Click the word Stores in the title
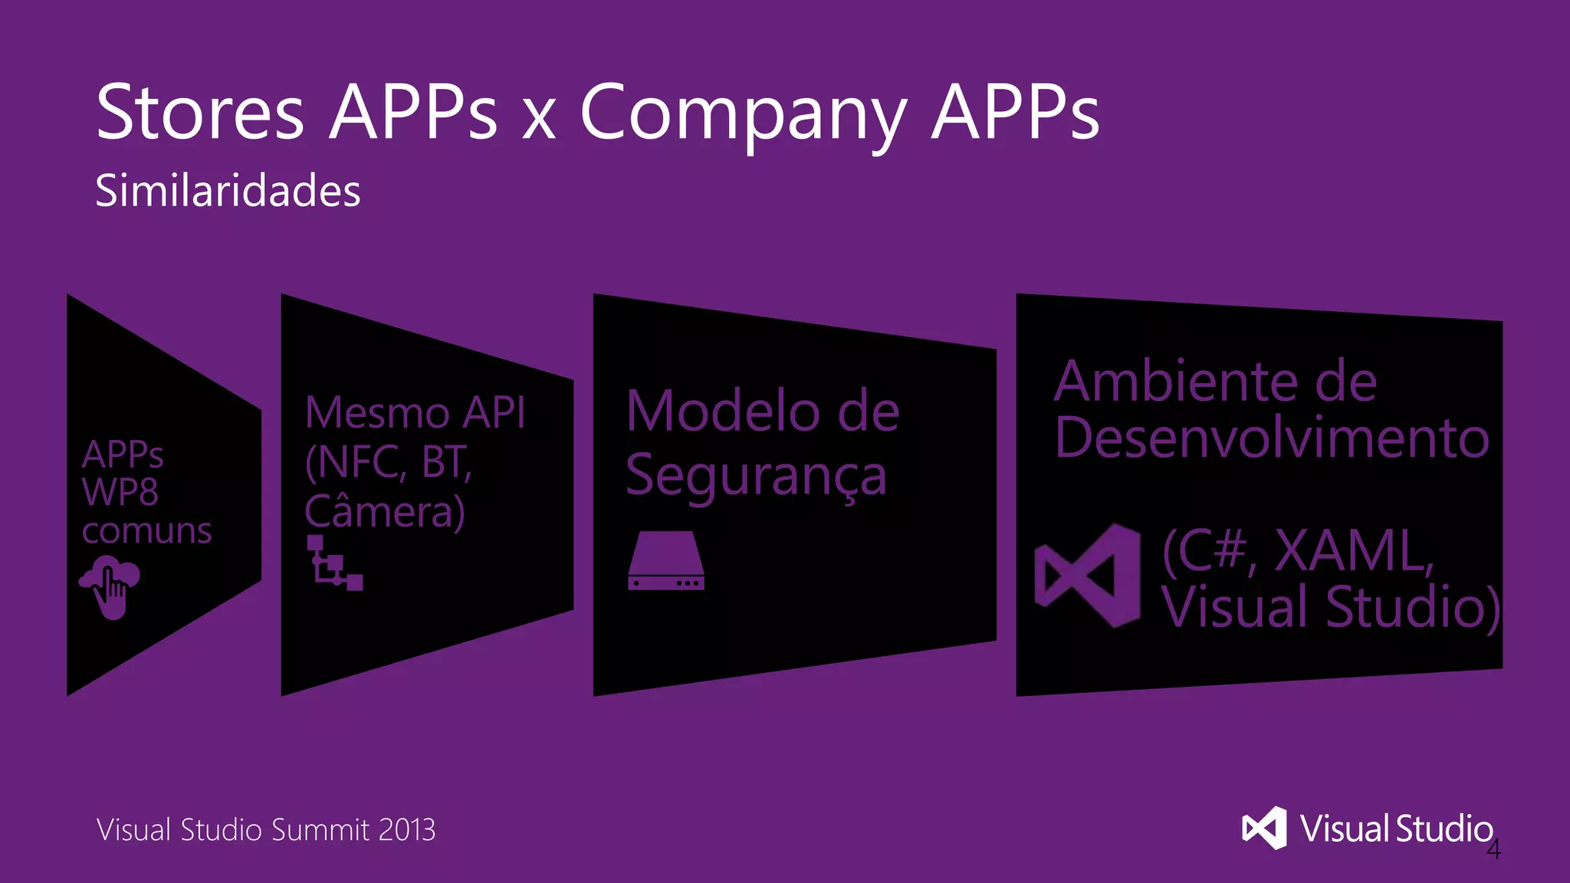coord(200,113)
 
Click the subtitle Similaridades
coord(228,191)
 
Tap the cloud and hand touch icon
coord(110,586)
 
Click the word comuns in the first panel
coord(146,531)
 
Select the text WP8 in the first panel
coord(120,492)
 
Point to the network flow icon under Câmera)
coord(334,563)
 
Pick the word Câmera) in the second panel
coord(384,512)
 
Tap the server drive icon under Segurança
coord(665,561)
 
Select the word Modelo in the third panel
coord(721,412)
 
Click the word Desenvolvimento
coord(1271,438)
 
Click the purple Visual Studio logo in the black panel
coord(1087,576)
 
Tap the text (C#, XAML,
coord(1297,550)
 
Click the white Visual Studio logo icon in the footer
coord(1264,828)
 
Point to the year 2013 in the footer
coord(406,830)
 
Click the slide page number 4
coord(1493,849)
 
